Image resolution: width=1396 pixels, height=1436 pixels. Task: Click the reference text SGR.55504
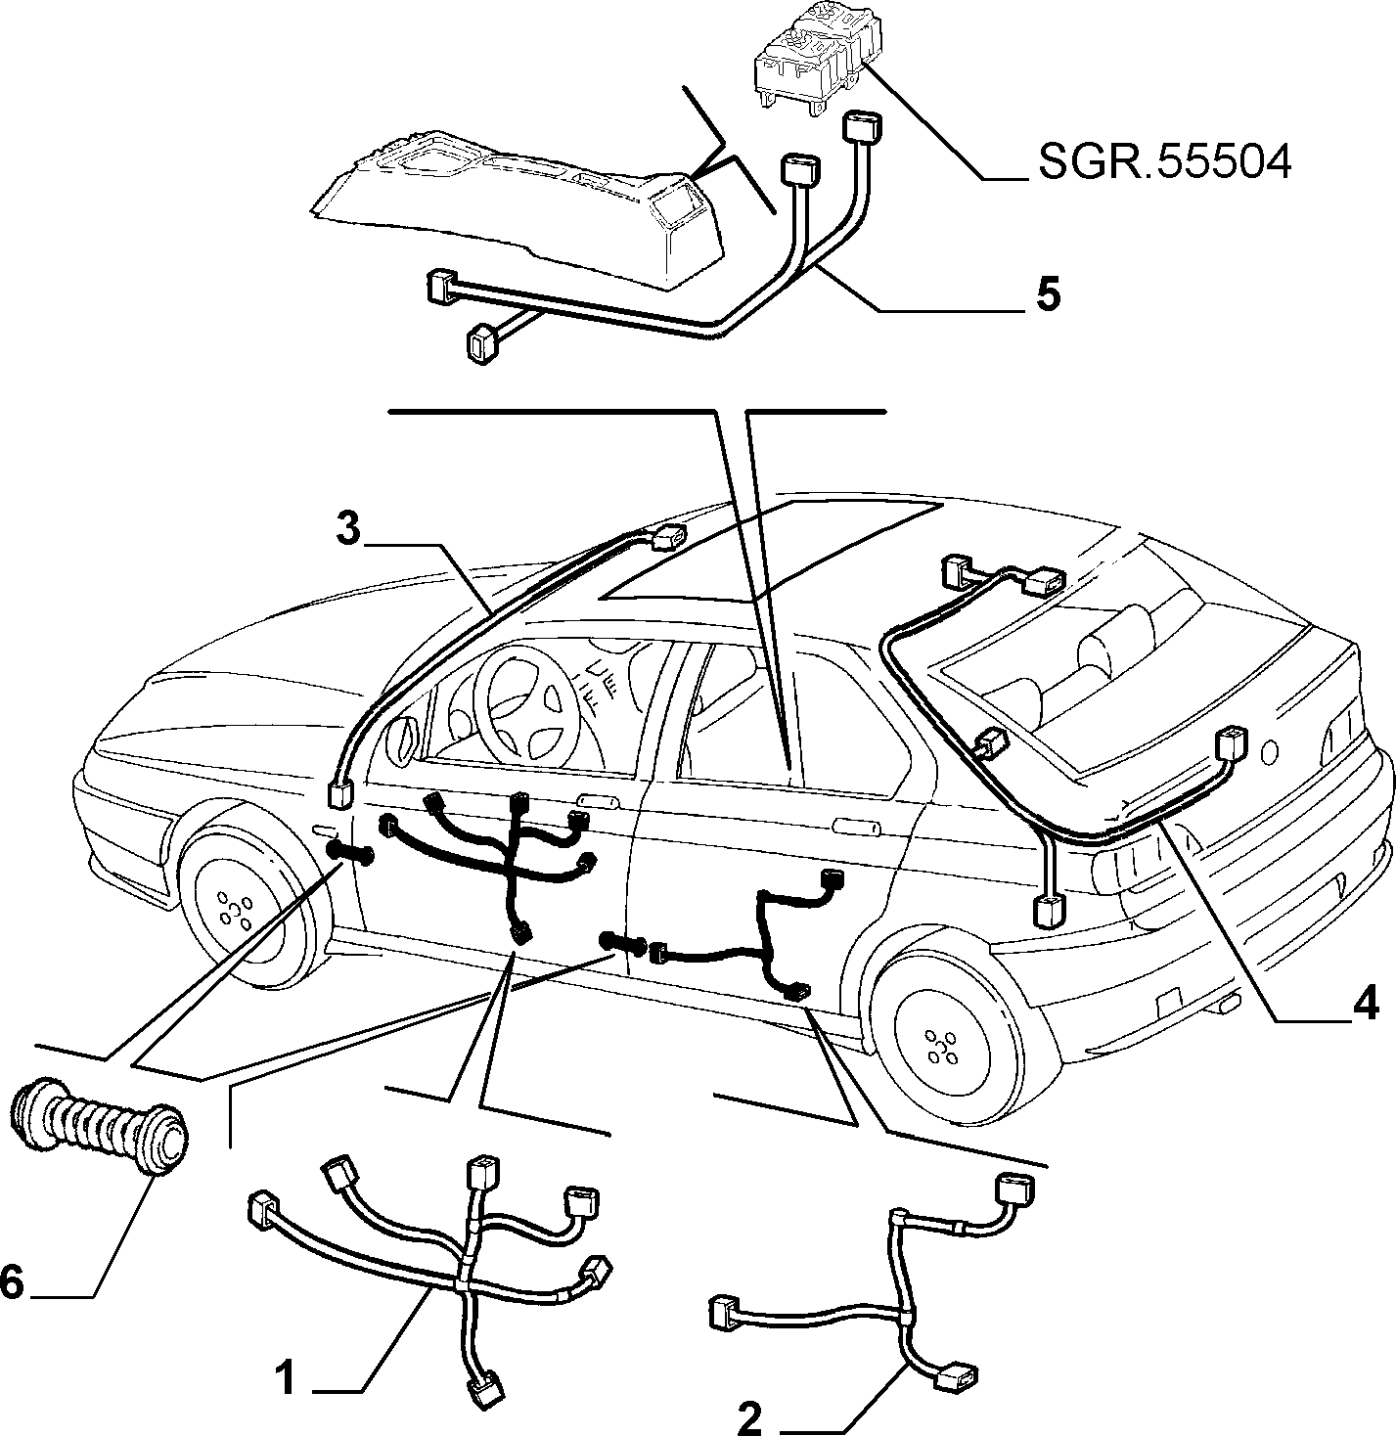(1165, 162)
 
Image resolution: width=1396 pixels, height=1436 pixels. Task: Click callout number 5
(1047, 293)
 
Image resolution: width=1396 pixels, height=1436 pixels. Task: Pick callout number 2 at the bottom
(749, 1416)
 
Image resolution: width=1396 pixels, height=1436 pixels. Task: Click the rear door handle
(855, 827)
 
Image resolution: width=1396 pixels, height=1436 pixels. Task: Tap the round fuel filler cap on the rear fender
(1269, 751)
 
